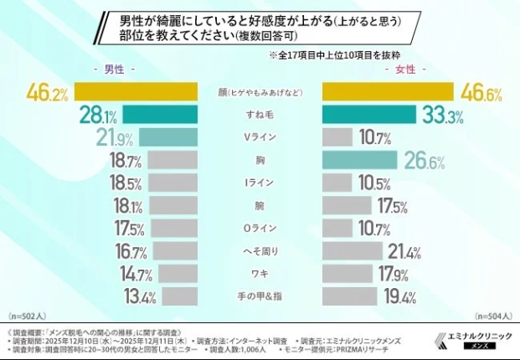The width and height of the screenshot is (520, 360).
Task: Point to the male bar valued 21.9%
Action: [x=167, y=137]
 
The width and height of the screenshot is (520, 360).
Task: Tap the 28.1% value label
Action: [x=99, y=115]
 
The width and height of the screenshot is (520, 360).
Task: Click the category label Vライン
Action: [x=260, y=137]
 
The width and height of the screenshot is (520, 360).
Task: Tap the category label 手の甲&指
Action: [x=260, y=296]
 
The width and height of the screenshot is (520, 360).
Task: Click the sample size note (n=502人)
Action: [x=29, y=317]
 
